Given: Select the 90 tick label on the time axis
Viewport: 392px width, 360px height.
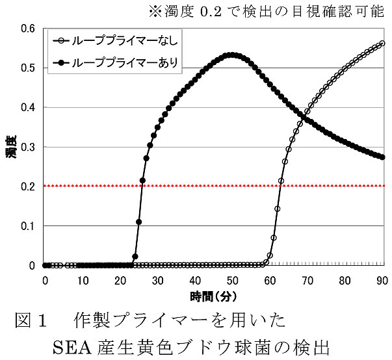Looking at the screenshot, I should point(382,280).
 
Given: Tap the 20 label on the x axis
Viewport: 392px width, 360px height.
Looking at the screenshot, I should point(120,280).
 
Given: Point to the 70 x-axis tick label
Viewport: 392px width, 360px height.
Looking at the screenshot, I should point(307,280).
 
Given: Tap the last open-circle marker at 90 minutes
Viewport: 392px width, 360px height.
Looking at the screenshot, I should point(382,44).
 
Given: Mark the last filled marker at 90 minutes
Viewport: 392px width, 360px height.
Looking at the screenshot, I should point(382,157).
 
